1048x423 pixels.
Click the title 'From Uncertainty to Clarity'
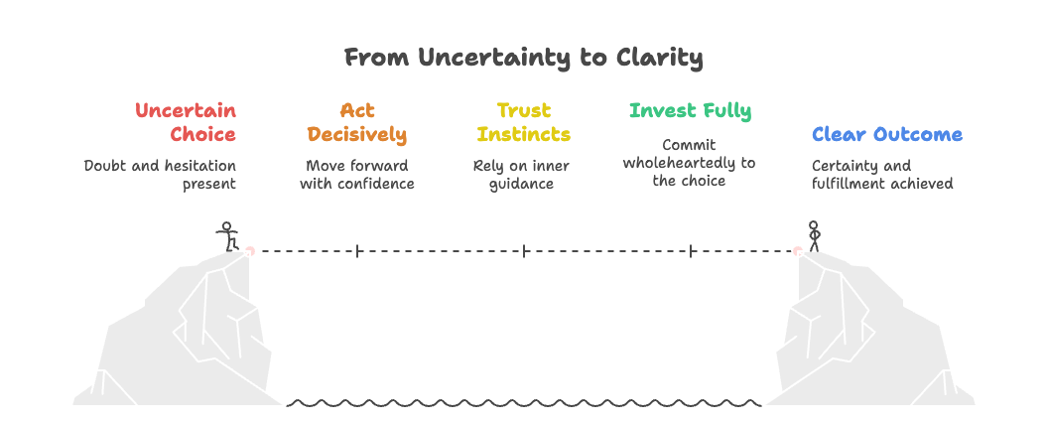tap(523, 58)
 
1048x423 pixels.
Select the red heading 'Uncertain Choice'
tap(187, 122)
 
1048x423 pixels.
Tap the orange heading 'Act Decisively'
tap(356, 122)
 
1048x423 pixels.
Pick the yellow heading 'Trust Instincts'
tap(523, 122)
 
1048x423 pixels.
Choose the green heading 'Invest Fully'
tap(690, 110)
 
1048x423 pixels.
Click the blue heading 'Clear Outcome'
tap(886, 134)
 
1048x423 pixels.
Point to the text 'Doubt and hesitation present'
tap(161, 174)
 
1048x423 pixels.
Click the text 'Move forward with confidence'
tap(356, 174)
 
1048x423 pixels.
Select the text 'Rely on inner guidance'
tap(521, 174)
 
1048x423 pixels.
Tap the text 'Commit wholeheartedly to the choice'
tap(689, 163)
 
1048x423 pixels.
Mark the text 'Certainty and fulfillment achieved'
tap(881, 174)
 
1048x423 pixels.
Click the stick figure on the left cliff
tap(228, 236)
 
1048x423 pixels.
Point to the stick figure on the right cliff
tap(814, 236)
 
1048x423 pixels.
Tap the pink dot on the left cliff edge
tap(249, 251)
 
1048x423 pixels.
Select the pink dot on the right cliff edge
tap(797, 251)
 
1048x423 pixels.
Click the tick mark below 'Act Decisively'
tap(357, 251)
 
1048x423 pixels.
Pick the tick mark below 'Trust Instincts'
tap(524, 251)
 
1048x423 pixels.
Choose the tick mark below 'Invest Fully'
tap(691, 251)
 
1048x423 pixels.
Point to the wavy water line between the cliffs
tap(523, 404)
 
